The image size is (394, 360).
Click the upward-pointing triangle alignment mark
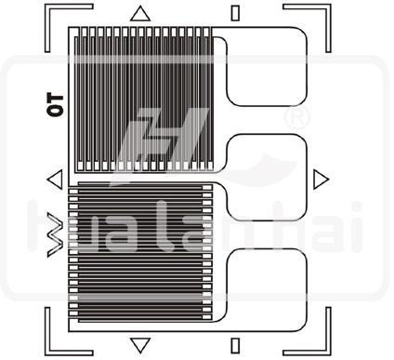[140, 13]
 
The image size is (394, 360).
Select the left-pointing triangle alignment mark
[54, 179]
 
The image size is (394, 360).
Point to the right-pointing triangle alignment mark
[321, 179]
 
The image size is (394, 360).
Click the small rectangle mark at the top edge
[235, 12]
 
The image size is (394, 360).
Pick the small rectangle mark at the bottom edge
[235, 342]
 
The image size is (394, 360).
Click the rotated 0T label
[53, 102]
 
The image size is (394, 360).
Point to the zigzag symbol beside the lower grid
[54, 233]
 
